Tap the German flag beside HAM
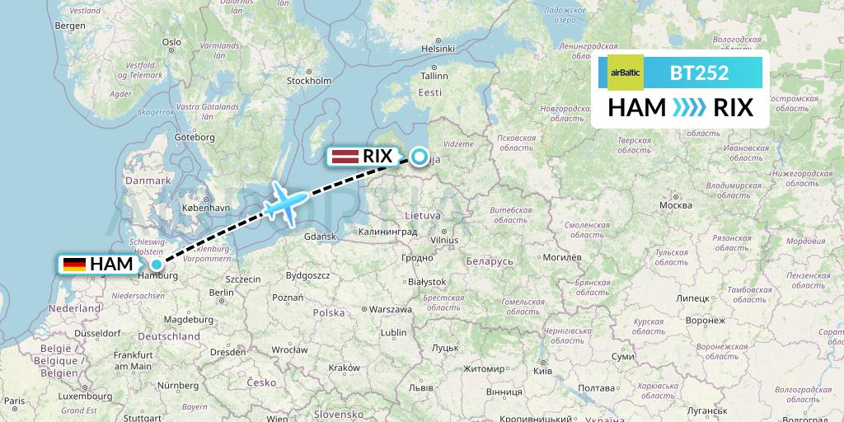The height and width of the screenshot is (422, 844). click(74, 265)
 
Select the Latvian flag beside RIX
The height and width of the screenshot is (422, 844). click(344, 156)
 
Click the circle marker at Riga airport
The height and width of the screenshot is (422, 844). click(420, 157)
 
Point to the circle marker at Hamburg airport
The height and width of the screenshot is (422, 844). click(156, 265)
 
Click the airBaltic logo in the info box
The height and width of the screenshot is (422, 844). click(625, 73)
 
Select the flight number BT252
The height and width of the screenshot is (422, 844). click(699, 73)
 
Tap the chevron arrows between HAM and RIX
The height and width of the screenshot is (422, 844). click(689, 108)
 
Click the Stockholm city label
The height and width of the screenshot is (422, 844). click(308, 81)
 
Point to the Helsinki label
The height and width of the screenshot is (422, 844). click(438, 49)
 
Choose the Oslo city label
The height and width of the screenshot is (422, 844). click(171, 42)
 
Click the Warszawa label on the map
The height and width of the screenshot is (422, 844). click(391, 310)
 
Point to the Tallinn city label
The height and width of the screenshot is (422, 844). click(433, 75)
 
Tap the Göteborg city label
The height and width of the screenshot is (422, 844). click(195, 137)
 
